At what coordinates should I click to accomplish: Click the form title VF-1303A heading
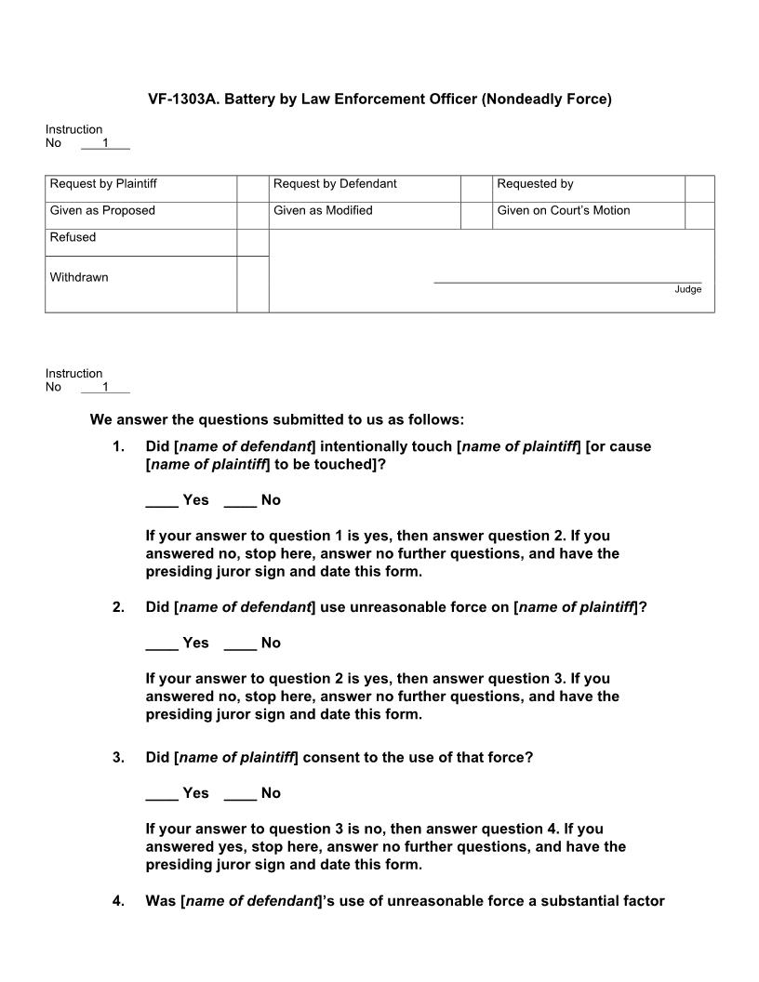[x=379, y=99]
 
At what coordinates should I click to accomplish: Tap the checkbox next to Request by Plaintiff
[x=252, y=188]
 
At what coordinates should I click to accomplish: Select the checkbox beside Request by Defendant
[x=476, y=188]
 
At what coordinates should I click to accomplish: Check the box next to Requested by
[x=699, y=188]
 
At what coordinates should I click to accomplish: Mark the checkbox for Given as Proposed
[x=252, y=215]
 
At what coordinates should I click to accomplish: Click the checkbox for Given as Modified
[x=476, y=215]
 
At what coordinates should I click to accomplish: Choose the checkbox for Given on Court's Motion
[x=699, y=215]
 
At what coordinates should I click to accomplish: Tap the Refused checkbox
[x=252, y=242]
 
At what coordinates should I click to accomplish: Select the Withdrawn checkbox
[x=252, y=284]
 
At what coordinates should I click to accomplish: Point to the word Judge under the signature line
[x=687, y=290]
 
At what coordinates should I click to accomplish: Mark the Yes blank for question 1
[x=162, y=501]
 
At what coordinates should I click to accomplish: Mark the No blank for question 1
[x=240, y=501]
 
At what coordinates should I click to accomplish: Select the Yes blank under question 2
[x=162, y=644]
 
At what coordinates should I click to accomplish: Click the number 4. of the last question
[x=118, y=900]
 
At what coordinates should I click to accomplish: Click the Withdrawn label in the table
[x=79, y=277]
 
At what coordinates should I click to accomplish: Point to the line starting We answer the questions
[x=276, y=419]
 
